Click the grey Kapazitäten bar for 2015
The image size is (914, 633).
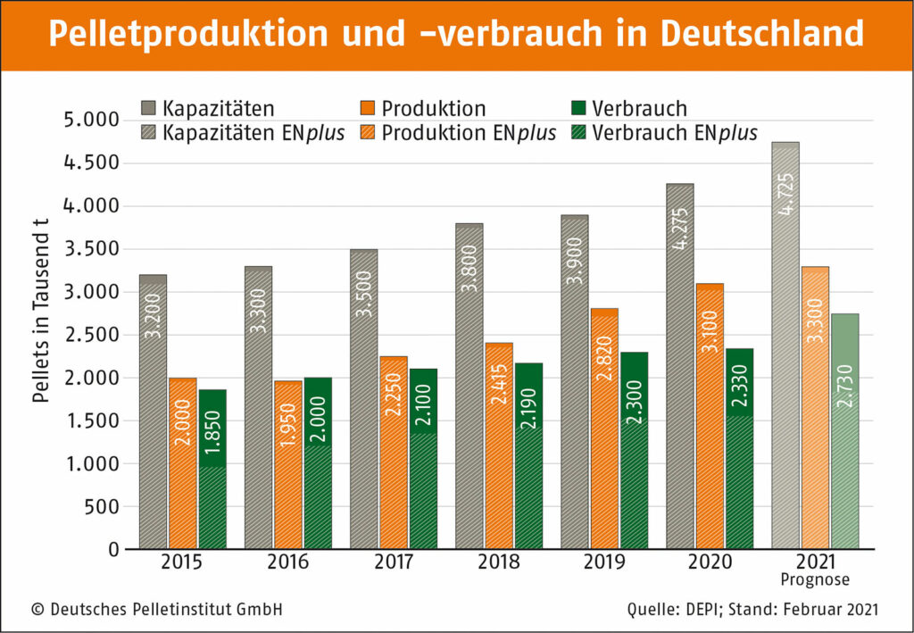point(153,412)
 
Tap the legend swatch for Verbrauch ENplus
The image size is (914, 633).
point(579,133)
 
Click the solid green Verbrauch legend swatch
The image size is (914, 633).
point(579,110)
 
